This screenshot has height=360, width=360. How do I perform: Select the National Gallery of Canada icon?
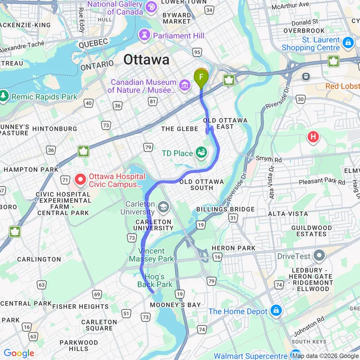151,7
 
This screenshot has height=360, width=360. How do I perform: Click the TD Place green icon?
202,153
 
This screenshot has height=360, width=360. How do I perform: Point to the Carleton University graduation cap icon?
164,207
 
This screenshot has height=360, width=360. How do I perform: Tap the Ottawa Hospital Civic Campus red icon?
80,180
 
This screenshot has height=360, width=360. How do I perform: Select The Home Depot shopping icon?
276,311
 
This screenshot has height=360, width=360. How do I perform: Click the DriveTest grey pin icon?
318,256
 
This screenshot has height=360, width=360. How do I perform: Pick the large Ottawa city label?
146,60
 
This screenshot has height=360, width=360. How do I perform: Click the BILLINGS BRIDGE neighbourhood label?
225,209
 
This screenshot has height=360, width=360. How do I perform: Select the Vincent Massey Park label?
151,255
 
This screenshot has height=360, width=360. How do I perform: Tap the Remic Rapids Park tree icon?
4,96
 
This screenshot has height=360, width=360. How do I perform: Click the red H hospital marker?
313,138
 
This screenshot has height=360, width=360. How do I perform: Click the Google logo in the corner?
19,353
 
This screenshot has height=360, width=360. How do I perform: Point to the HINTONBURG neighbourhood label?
55,129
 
